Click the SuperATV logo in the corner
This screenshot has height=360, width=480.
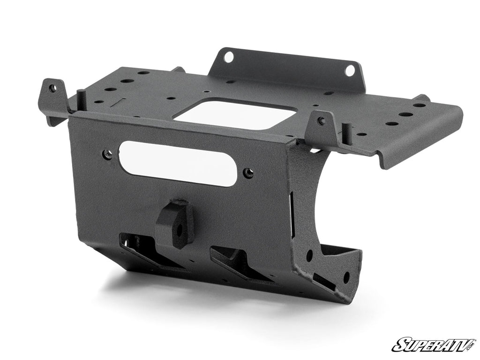tap(434, 345)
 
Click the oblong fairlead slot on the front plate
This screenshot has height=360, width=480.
tap(178, 164)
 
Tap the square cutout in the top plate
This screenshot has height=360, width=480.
tap(234, 114)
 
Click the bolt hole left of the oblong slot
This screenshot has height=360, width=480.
tap(108, 154)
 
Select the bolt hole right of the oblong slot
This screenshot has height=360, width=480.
tap(249, 173)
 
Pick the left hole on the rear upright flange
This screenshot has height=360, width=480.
tap(228, 57)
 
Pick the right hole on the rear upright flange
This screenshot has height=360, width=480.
tap(350, 70)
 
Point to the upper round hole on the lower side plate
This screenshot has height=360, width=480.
tap(309, 256)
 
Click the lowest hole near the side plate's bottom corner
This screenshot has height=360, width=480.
tap(346, 277)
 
